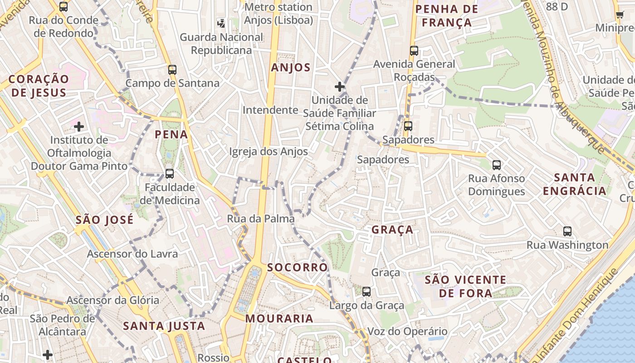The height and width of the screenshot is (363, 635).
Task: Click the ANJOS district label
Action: pos(291,68)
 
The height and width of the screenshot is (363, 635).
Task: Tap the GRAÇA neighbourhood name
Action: pos(392,230)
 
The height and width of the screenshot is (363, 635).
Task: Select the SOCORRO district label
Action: pos(297,268)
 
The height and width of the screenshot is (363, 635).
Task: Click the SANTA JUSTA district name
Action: pos(164,326)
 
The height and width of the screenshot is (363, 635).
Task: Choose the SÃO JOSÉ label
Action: pos(105,221)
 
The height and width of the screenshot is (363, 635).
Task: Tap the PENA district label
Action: pos(171,135)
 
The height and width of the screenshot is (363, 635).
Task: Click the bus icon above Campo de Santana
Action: pos(172,70)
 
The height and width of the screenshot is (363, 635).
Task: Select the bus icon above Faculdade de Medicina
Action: pos(169,173)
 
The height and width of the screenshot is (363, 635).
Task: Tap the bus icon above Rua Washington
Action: pos(567,231)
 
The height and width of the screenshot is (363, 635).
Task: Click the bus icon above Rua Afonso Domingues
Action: pos(496,165)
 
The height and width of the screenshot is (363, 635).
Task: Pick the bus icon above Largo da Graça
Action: pos(366,292)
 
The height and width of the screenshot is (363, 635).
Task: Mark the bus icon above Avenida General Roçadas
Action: pos(414,51)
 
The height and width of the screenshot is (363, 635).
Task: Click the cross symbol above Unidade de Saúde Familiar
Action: pos(339,86)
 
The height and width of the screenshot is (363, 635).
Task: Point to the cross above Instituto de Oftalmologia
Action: pos(79,126)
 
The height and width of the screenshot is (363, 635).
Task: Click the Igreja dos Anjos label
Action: pos(269,152)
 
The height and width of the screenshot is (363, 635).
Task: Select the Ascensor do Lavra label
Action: pos(132,254)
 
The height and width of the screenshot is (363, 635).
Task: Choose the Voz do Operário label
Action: pos(407,332)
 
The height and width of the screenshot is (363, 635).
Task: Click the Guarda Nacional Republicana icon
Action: pos(221,23)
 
